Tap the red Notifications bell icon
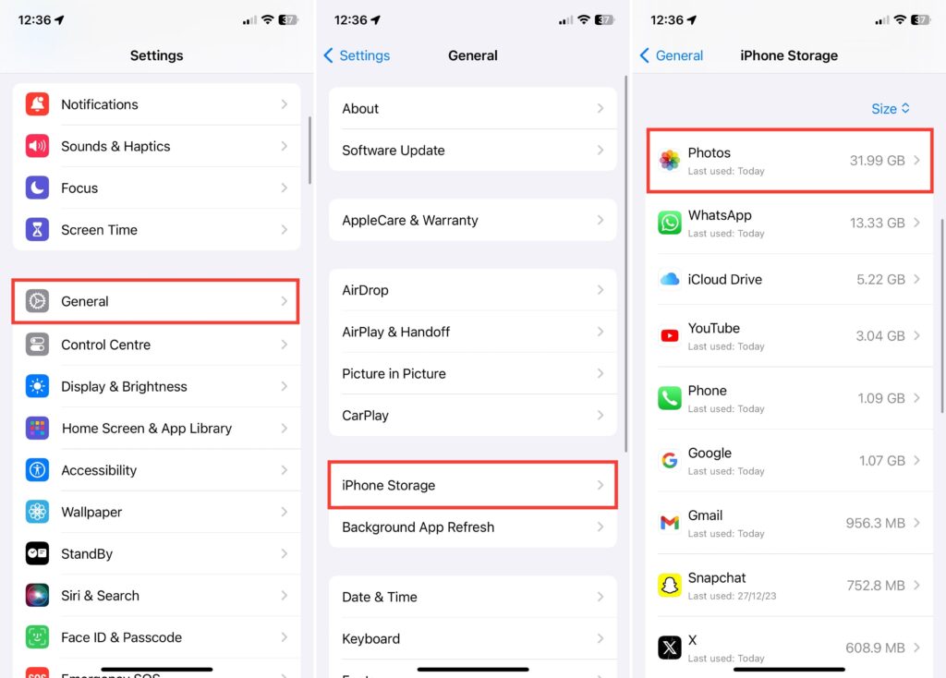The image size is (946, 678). pos(37,104)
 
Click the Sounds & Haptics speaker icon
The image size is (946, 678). pos(37,146)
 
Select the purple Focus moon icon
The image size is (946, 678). pos(37,188)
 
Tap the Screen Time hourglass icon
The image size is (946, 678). pos(37,230)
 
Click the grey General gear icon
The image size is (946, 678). pos(37,301)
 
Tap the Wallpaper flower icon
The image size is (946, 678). pos(37,512)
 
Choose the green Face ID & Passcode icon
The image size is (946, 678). pos(37,637)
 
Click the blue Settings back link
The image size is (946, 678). pos(358,55)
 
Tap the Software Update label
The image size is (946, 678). pos(394,151)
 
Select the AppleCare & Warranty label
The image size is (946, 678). pos(409,220)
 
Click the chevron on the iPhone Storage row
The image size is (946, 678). pos(600,485)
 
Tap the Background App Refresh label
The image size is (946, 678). pos(418,527)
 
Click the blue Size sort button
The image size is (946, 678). pos(891,109)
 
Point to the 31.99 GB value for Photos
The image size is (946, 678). pos(878,161)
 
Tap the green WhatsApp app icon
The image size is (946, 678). pos(669,223)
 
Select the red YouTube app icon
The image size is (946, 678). pos(669,335)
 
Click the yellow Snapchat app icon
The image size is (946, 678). pos(669,585)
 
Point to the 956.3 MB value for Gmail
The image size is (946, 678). pos(876,523)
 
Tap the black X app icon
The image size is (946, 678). pos(669,648)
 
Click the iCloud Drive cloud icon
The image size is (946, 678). pos(669,279)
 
